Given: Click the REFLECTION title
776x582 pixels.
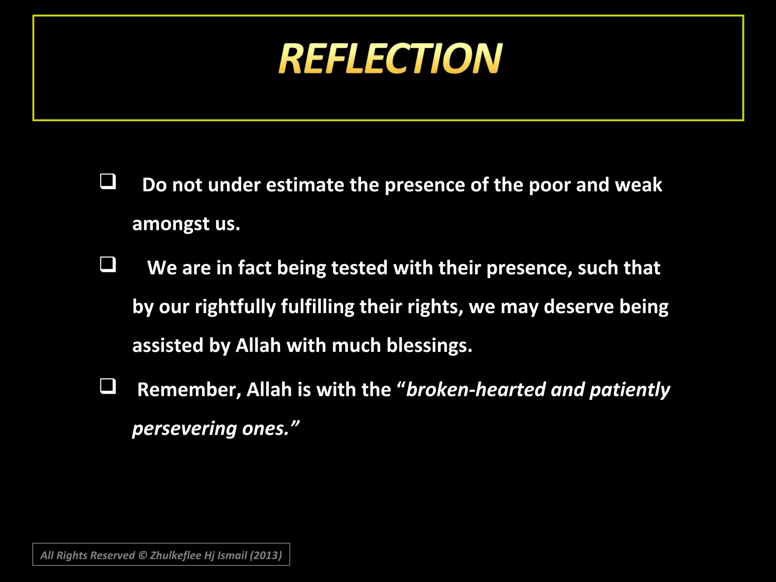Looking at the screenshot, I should (x=390, y=58).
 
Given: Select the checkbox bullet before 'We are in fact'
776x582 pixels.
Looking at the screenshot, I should (x=108, y=264).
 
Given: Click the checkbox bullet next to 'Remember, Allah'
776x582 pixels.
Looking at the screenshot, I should (x=108, y=386).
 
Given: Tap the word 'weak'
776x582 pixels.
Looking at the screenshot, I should (x=638, y=185).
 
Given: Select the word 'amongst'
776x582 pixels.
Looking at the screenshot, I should (x=171, y=224).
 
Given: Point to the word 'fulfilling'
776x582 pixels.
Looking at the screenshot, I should (x=318, y=307).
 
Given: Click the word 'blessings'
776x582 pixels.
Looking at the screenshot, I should (x=429, y=346).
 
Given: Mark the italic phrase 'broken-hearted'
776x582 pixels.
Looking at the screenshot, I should (x=476, y=390).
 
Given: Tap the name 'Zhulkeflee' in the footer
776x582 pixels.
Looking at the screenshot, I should (x=175, y=555).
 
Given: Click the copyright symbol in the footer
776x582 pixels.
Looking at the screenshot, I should (x=142, y=555).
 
